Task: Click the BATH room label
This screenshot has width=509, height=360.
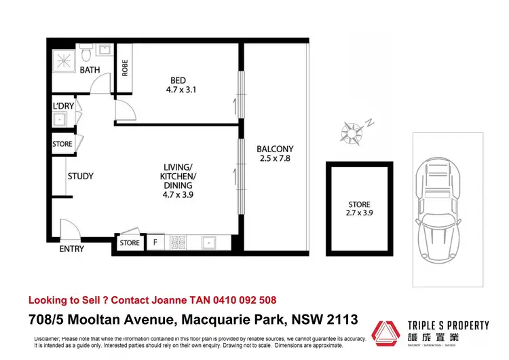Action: point(90,70)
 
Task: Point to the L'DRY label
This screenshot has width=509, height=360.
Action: point(63,106)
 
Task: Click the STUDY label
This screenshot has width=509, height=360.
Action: point(80,177)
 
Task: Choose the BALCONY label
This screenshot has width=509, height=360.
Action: point(274,149)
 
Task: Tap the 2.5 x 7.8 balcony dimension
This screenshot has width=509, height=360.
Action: point(274,159)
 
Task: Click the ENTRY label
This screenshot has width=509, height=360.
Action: point(72,249)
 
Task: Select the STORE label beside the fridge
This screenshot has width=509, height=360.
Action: point(130,242)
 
